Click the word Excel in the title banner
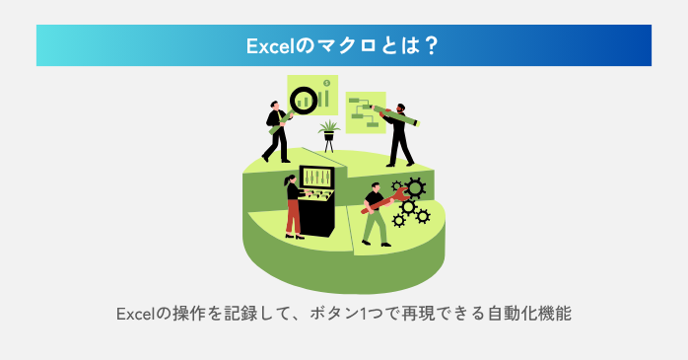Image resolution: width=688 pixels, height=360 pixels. [271, 45]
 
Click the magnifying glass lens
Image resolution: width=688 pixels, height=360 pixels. [304, 98]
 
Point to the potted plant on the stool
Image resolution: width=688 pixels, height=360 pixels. [328, 129]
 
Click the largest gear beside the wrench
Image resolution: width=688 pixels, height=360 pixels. [415, 187]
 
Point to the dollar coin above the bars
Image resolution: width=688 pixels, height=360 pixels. [326, 86]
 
